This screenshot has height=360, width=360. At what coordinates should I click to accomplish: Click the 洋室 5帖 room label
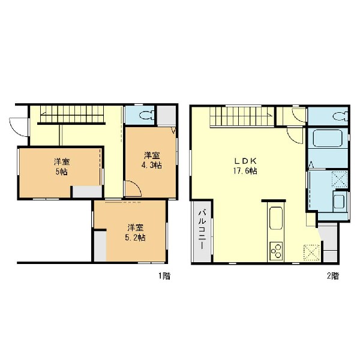[62, 167]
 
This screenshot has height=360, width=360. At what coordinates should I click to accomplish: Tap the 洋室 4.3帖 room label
[152, 160]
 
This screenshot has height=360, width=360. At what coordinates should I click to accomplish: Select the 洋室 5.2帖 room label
[135, 233]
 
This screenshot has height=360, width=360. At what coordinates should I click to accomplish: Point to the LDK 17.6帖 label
[245, 166]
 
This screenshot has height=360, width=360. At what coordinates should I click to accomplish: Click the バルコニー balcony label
[202, 229]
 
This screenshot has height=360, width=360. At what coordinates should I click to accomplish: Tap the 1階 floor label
[164, 276]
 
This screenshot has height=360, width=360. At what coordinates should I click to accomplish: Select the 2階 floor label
[333, 276]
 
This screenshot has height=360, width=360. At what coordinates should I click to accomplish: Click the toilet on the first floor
[146, 115]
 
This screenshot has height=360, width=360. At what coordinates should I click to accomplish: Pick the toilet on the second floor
[340, 116]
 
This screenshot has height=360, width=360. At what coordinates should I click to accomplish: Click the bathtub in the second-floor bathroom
[328, 138]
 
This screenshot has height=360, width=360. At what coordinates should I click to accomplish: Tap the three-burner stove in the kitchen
[276, 251]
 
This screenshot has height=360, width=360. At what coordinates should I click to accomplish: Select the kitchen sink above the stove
[276, 218]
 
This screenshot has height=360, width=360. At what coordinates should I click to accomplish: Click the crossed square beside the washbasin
[340, 179]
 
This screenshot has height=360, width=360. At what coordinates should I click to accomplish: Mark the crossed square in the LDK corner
[311, 253]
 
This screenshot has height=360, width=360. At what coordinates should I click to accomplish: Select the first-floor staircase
[72, 114]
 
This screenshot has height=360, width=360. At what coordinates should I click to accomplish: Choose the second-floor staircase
[242, 116]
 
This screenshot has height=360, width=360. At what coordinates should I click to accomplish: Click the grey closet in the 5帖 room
[87, 192]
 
